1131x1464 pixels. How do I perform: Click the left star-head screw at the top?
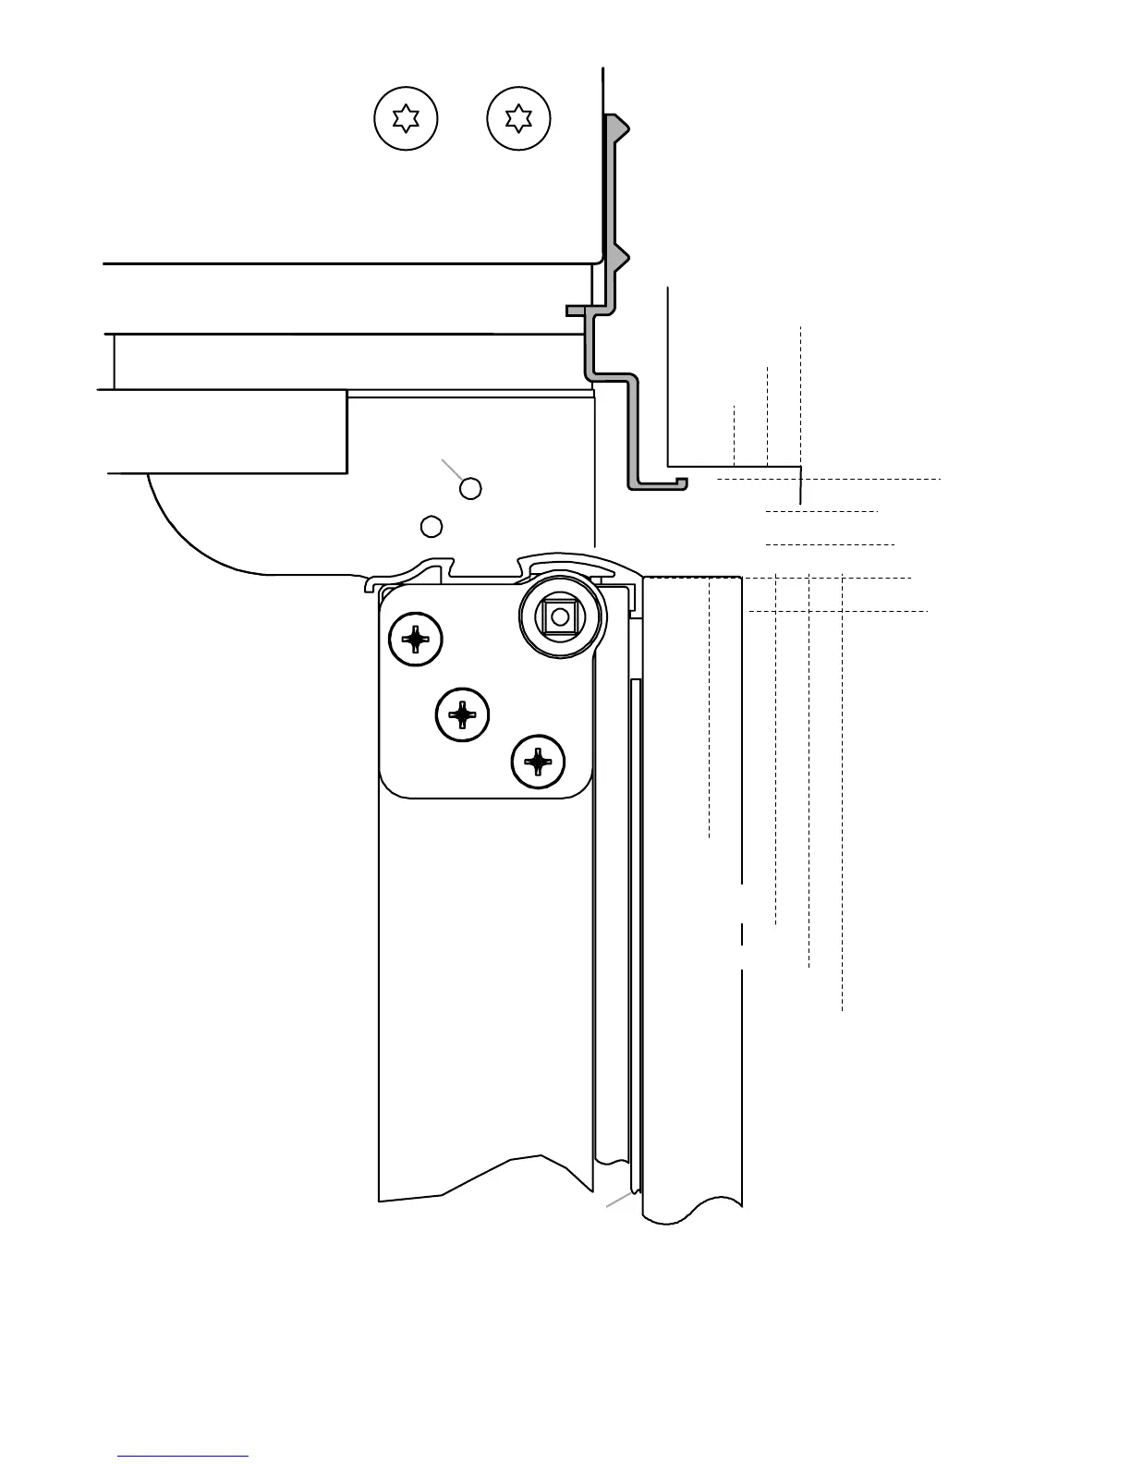click(x=406, y=118)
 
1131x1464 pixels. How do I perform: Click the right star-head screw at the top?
click(x=518, y=118)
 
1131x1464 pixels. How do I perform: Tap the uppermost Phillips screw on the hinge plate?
click(x=416, y=638)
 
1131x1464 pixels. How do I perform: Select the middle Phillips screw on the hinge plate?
click(x=462, y=714)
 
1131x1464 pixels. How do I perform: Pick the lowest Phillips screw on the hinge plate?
click(x=538, y=762)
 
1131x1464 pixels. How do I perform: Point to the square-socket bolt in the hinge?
click(x=560, y=616)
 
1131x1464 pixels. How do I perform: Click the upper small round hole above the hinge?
click(x=470, y=488)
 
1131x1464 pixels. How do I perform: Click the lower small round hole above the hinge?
click(x=431, y=526)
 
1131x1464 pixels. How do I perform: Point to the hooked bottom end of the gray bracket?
click(x=680, y=482)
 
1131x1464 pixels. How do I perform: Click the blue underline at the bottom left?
click(x=183, y=1456)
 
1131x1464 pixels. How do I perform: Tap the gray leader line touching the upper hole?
click(x=452, y=468)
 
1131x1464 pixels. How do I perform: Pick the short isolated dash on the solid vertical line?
click(x=742, y=933)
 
